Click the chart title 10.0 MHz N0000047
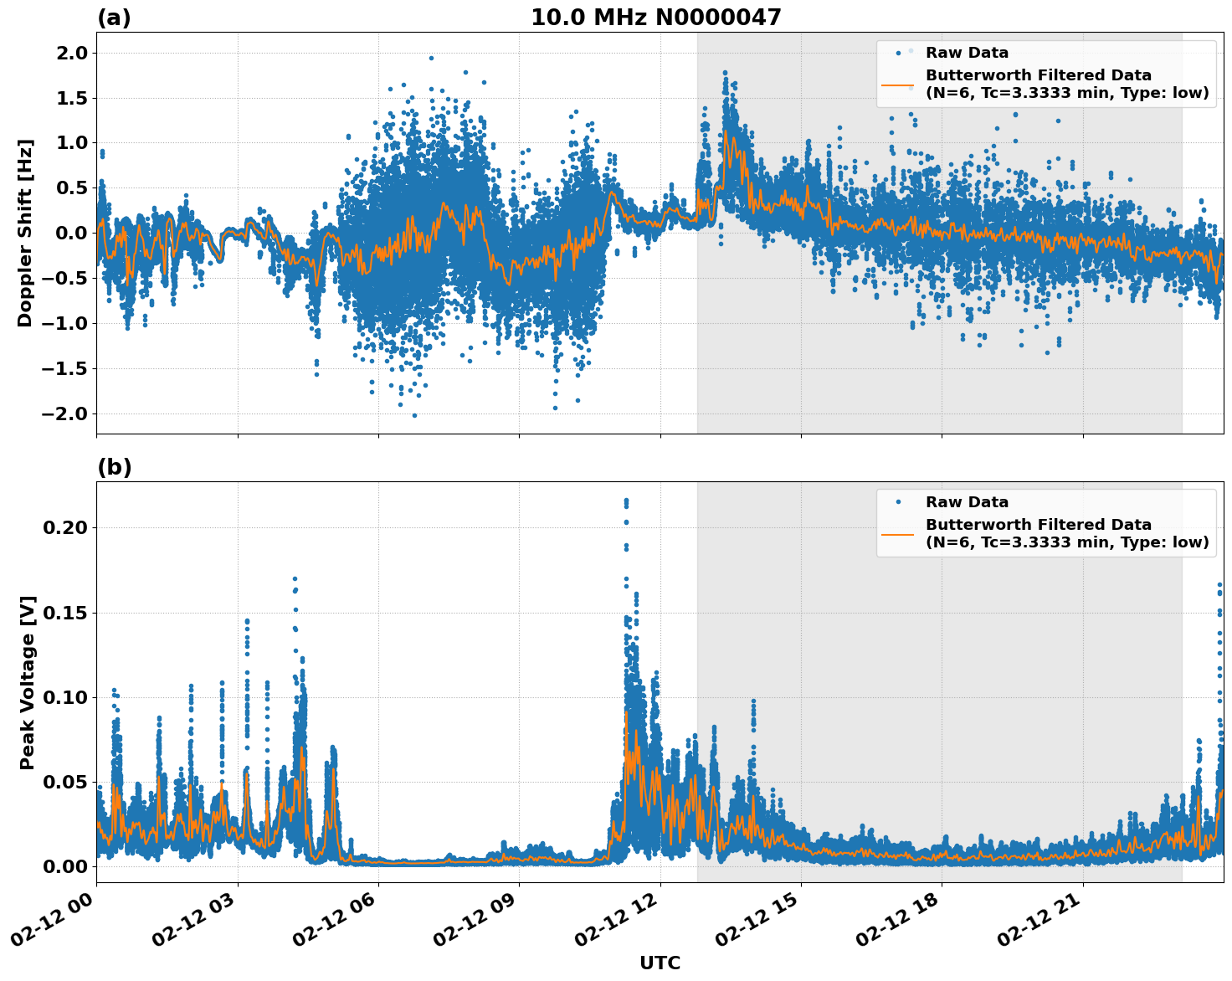click(x=655, y=18)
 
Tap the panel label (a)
click(x=114, y=18)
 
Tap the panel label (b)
click(x=114, y=467)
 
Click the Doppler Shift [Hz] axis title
click(x=25, y=233)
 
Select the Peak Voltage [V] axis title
click(x=28, y=682)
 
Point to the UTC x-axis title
click(x=660, y=963)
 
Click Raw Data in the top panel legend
click(x=967, y=53)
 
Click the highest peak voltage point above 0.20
click(x=626, y=501)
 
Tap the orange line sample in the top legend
click(x=898, y=84)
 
